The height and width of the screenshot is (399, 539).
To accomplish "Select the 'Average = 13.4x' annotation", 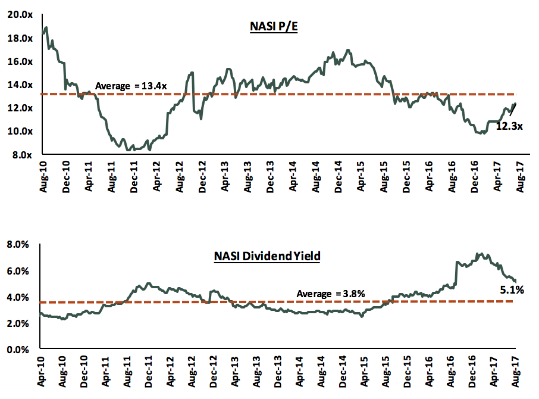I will pyautogui.click(x=131, y=86).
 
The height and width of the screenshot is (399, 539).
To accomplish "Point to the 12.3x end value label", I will pyautogui.click(x=509, y=126).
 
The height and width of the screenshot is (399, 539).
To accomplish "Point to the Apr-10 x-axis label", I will pyautogui.click(x=41, y=371).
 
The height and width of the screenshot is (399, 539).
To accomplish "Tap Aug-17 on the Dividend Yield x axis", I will pyautogui.click(x=515, y=371).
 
